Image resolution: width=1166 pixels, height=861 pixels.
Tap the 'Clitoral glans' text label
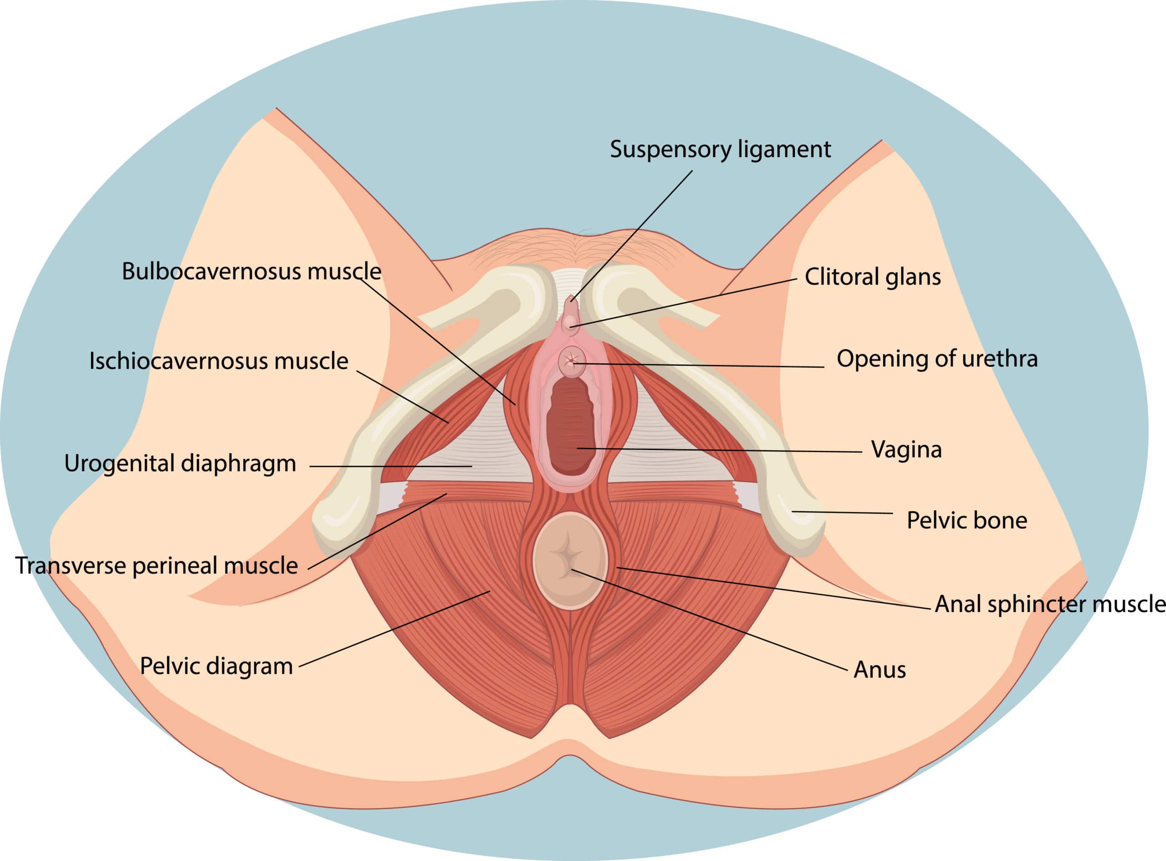click(x=873, y=277)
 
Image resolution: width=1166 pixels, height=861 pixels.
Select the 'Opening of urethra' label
click(x=936, y=359)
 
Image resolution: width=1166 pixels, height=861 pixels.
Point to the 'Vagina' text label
click(x=906, y=449)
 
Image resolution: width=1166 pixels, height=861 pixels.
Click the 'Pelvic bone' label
click(x=967, y=520)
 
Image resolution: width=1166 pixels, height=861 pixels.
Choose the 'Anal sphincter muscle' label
click(x=1050, y=604)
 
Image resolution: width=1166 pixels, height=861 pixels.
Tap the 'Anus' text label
click(x=880, y=670)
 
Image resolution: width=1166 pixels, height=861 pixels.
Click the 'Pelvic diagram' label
click(x=216, y=666)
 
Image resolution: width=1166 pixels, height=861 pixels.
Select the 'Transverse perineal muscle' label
click(x=156, y=566)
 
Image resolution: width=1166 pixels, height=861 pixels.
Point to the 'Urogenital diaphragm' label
click(x=180, y=464)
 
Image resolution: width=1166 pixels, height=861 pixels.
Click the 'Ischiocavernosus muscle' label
click(x=218, y=361)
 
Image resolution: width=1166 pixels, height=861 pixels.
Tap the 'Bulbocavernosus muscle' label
click(x=251, y=271)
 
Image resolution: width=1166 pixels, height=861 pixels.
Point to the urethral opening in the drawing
click(x=572, y=360)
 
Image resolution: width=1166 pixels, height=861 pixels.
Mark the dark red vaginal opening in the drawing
click(x=571, y=425)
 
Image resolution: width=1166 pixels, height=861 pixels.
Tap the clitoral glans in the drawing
click(x=571, y=322)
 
